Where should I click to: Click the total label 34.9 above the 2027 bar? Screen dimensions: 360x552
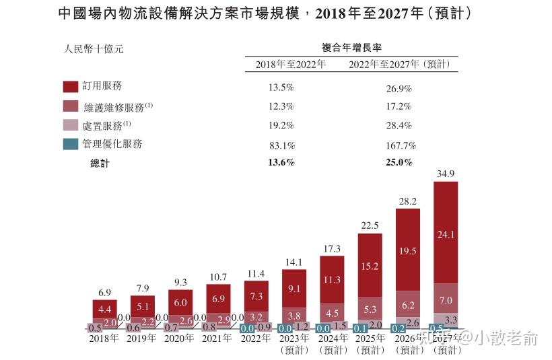(446, 174)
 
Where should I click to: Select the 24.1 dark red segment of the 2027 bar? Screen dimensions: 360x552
(446, 235)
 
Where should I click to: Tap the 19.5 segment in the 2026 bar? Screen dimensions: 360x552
(408, 250)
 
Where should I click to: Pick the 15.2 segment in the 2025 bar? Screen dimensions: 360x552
(370, 266)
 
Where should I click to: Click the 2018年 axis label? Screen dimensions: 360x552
(104, 338)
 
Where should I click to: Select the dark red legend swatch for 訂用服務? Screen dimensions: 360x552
(71, 87)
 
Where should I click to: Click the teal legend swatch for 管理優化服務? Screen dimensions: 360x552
(71, 144)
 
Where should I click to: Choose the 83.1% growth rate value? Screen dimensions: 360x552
(281, 145)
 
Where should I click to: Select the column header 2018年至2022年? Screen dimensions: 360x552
(290, 65)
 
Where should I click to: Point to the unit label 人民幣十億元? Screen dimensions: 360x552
(94, 48)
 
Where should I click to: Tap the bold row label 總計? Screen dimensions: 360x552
(100, 163)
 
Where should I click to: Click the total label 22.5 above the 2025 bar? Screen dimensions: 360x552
(370, 226)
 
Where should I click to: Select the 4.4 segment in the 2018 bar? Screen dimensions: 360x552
(104, 310)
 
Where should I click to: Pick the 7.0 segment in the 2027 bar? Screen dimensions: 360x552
(446, 299)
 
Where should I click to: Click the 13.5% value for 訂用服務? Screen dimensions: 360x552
(281, 88)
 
